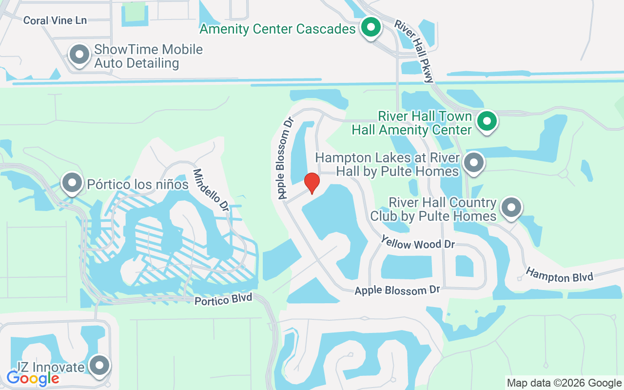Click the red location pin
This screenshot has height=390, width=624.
[x=312, y=183]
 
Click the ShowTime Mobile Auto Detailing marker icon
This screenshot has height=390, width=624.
[x=79, y=55]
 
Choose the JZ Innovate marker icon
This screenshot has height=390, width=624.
[x=100, y=365]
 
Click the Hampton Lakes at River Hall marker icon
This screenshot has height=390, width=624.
[x=473, y=163]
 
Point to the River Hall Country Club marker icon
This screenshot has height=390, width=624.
[x=511, y=208]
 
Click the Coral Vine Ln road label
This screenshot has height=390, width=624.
[x=55, y=20]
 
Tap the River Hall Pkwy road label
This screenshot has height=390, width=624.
[x=414, y=51]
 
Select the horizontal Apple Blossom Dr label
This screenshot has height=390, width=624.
[x=397, y=290]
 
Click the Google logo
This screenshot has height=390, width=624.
[x=33, y=378]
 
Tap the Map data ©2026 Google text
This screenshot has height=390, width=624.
[x=564, y=383]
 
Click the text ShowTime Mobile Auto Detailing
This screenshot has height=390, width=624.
[x=148, y=56]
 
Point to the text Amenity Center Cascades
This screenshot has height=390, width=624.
[x=277, y=29]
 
